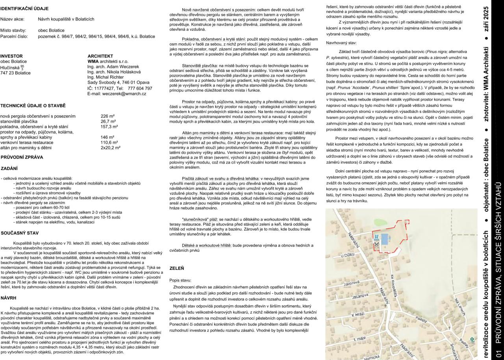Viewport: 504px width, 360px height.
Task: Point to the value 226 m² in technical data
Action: [x=107, y=116]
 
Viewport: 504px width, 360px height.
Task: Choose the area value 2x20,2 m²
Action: [x=110, y=148]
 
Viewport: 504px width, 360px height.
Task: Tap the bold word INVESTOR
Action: [x=11, y=56]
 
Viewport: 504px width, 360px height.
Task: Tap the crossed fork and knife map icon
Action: [x=376, y=245]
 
